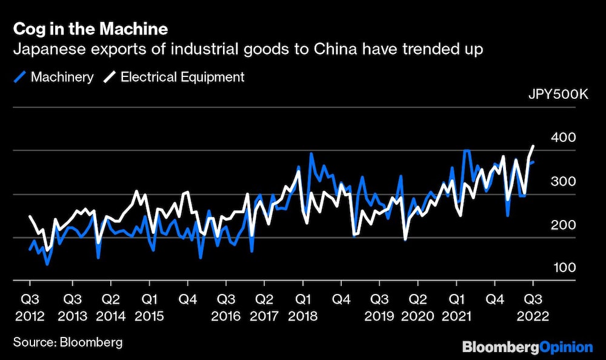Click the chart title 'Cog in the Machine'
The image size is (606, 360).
point(90,29)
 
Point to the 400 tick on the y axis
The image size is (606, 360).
point(564,138)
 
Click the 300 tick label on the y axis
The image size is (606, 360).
point(564,182)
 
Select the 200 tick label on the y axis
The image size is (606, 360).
point(564,225)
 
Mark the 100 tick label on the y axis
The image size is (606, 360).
point(564,268)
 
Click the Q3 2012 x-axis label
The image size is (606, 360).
point(30,307)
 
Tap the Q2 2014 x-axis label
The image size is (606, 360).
point(110,307)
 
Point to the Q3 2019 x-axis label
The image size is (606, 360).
point(380,307)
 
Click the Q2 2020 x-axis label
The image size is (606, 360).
point(418,307)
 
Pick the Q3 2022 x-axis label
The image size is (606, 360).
point(533,307)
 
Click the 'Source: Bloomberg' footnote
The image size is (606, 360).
point(67,342)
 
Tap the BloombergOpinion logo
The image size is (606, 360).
point(527,347)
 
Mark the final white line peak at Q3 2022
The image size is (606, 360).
point(533,146)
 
